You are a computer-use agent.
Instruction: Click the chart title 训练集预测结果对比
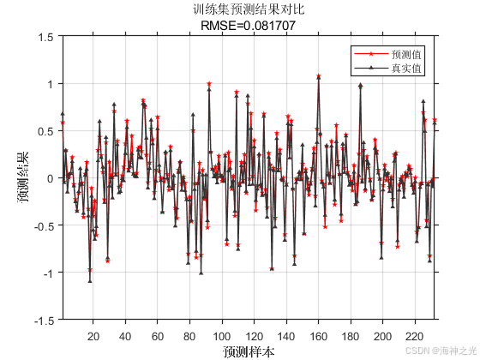point(249,10)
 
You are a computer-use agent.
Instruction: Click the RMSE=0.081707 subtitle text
point(249,26)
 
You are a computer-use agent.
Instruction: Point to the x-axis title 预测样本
point(249,351)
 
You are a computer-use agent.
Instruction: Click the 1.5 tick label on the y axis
point(45,38)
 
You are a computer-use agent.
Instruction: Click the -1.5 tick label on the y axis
point(43,320)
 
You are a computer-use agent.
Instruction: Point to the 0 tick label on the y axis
point(49,178)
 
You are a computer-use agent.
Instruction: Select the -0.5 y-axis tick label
point(43,225)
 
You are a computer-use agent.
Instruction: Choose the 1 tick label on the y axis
point(49,84)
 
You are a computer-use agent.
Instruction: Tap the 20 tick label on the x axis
point(93,336)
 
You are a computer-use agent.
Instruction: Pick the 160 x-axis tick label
point(318,336)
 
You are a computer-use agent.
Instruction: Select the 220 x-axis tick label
point(414,336)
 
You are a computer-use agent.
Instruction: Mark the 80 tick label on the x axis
point(189,336)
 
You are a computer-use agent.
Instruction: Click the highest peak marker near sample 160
point(318,76)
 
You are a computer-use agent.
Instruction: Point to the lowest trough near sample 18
point(90,280)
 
